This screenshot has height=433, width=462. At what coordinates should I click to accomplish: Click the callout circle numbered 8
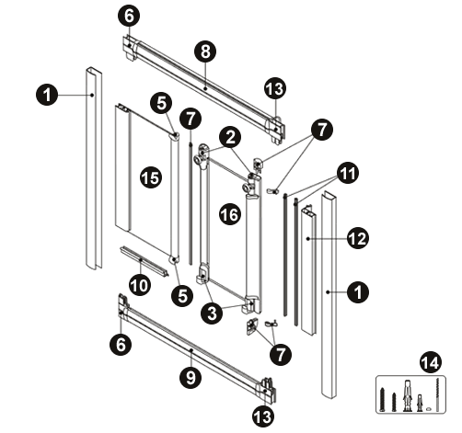(x=205, y=51)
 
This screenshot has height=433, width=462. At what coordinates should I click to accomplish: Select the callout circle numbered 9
(x=191, y=377)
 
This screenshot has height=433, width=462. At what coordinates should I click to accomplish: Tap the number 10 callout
(x=140, y=285)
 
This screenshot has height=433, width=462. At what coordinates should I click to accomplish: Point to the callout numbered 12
(x=358, y=238)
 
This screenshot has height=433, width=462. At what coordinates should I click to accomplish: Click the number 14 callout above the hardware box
(x=430, y=363)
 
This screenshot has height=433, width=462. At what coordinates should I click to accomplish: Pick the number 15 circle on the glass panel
(x=151, y=177)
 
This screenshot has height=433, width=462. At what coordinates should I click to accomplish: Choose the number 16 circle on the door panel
(x=230, y=214)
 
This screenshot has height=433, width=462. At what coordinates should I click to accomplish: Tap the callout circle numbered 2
(x=230, y=137)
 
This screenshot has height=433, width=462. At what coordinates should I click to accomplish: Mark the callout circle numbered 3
(x=212, y=313)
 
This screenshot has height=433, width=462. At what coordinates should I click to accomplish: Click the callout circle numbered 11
(x=348, y=173)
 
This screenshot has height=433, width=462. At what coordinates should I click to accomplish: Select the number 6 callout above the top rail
(x=129, y=16)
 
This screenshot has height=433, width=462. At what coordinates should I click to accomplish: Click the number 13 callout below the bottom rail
(x=263, y=416)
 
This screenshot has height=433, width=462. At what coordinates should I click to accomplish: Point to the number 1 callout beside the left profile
(x=47, y=95)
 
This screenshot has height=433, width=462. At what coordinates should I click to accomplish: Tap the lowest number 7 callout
(x=281, y=354)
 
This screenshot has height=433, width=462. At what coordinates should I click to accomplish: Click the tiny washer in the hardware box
(x=429, y=408)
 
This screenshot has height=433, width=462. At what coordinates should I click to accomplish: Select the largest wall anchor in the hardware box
(x=407, y=395)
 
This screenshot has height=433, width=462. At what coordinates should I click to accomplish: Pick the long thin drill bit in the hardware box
(x=437, y=394)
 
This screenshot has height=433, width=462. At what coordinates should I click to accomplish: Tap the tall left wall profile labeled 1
(x=94, y=168)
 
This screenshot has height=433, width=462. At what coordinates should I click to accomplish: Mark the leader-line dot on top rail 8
(x=204, y=88)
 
